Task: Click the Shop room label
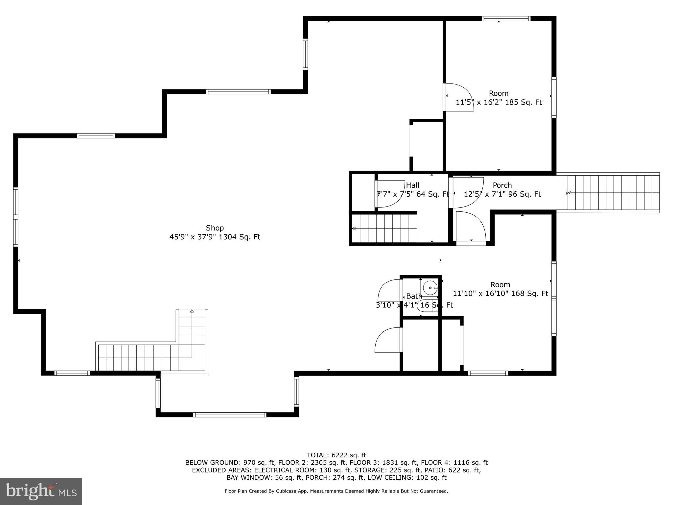tap(215, 228)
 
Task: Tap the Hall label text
tap(412, 185)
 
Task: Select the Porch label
tap(502, 185)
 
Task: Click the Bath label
tap(414, 296)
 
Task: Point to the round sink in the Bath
tap(429, 288)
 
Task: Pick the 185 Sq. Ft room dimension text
tap(499, 102)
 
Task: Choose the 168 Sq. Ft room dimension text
tap(500, 293)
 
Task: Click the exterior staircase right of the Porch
tap(613, 193)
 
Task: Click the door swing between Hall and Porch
tap(467, 192)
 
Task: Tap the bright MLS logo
tap(41, 491)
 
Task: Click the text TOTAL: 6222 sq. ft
tap(336, 455)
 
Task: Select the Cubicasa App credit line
tap(336, 491)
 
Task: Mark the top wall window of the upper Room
tap(506, 19)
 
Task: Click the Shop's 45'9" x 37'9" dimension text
tap(215, 237)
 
